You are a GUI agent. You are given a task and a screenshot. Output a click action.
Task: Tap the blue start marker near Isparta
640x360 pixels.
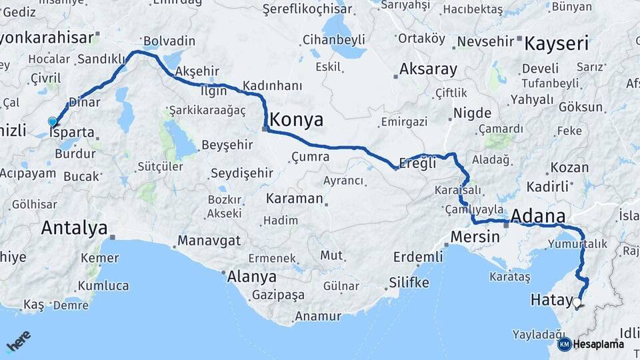(53, 121)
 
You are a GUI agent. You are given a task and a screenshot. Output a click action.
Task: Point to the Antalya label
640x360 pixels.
(73, 228)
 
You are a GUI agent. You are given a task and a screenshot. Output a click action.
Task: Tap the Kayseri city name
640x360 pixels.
(556, 44)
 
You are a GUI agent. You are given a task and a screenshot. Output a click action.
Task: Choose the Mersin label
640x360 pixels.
(475, 237)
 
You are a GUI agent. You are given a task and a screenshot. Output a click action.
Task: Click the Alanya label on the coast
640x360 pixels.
(251, 276)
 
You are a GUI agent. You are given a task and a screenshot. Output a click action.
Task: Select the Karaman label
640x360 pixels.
(294, 199)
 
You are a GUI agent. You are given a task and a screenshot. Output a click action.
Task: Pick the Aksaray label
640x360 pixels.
(428, 69)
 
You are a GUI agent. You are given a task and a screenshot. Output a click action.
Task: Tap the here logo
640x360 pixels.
(18, 341)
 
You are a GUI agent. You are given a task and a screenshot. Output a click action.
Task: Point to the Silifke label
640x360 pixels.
(409, 282)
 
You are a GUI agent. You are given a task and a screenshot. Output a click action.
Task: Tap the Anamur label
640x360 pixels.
(317, 316)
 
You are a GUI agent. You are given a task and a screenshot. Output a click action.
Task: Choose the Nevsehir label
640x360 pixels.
(485, 41)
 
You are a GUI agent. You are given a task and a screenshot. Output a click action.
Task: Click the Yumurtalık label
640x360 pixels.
(580, 244)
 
